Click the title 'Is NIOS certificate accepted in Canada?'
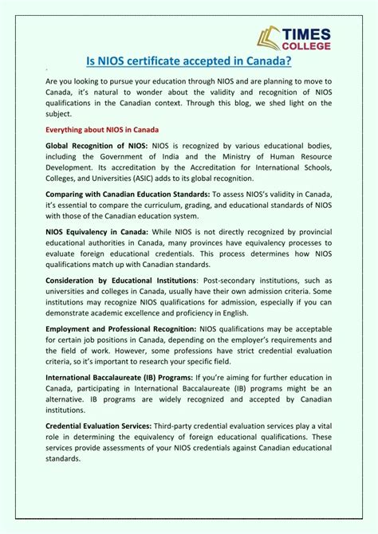tap(188, 60)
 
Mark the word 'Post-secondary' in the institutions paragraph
tap(229, 281)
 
